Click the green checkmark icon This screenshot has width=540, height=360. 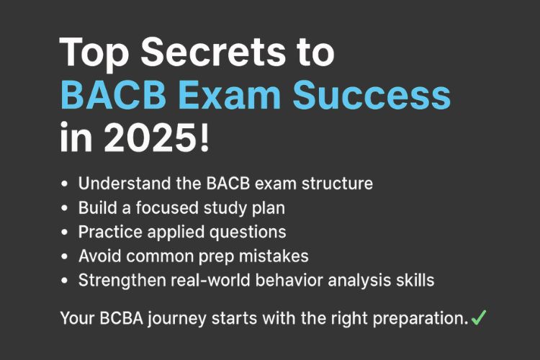pyautogui.click(x=479, y=317)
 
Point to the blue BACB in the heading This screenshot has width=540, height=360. pyautogui.click(x=114, y=95)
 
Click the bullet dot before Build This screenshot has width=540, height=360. pyautogui.click(x=66, y=208)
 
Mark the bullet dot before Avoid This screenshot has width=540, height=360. pyautogui.click(x=66, y=257)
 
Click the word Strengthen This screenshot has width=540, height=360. pyautogui.click(x=118, y=281)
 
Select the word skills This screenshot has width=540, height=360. pyautogui.click(x=413, y=281)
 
